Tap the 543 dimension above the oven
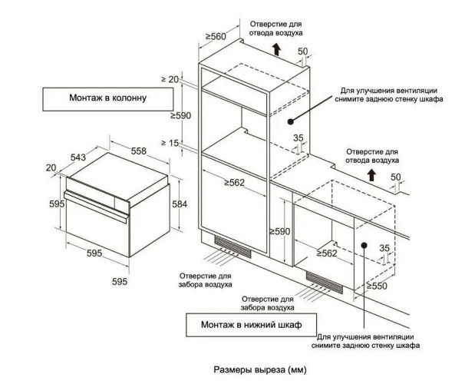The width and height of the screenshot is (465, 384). coord(77,157)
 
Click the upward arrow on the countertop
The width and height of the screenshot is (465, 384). coord(371,174)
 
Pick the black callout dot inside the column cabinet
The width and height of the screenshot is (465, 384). coord(290,121)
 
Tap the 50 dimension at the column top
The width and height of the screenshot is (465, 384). coord(302,51)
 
